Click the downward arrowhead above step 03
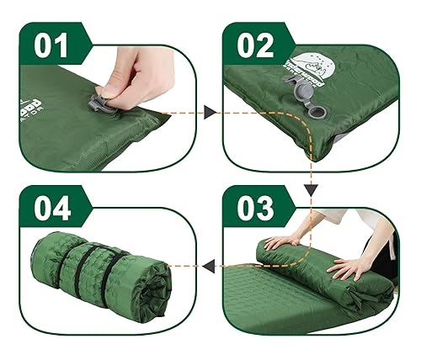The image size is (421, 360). (312, 190)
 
